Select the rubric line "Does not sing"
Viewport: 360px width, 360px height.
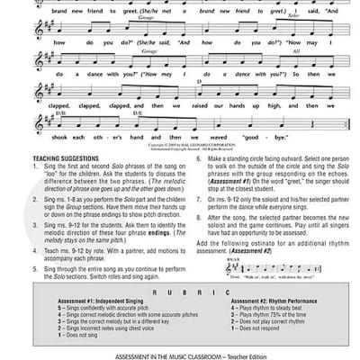point(67,336)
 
